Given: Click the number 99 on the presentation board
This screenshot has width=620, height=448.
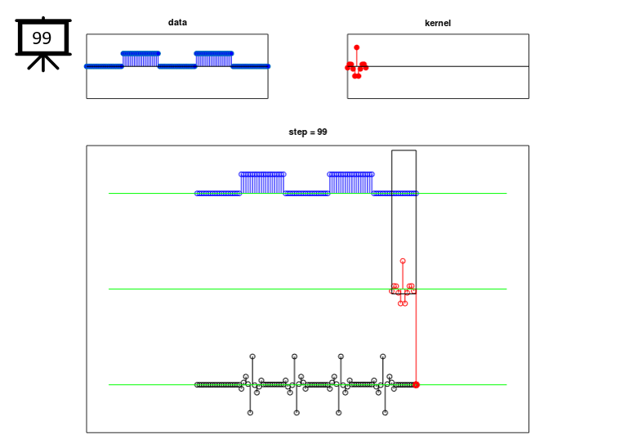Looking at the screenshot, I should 42,38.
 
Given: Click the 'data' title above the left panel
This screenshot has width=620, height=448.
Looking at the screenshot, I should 177,23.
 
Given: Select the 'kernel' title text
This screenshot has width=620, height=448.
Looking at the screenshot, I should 437,23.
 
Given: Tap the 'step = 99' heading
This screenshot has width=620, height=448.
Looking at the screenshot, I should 308,132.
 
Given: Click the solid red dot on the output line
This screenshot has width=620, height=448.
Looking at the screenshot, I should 416,384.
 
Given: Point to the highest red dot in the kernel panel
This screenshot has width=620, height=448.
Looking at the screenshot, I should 356,47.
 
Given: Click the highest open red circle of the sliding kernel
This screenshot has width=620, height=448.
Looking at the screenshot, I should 403,261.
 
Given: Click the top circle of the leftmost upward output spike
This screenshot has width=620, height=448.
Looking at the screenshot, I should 252,356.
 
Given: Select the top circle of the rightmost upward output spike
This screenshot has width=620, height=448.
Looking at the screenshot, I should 382,356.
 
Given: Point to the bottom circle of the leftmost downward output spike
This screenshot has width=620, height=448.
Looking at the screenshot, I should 250,413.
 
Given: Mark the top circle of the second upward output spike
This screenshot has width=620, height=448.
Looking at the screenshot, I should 294,356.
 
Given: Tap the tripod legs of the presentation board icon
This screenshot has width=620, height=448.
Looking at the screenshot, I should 42,63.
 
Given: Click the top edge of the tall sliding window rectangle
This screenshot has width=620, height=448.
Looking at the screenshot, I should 404,150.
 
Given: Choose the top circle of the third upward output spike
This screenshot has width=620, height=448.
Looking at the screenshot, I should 341,356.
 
